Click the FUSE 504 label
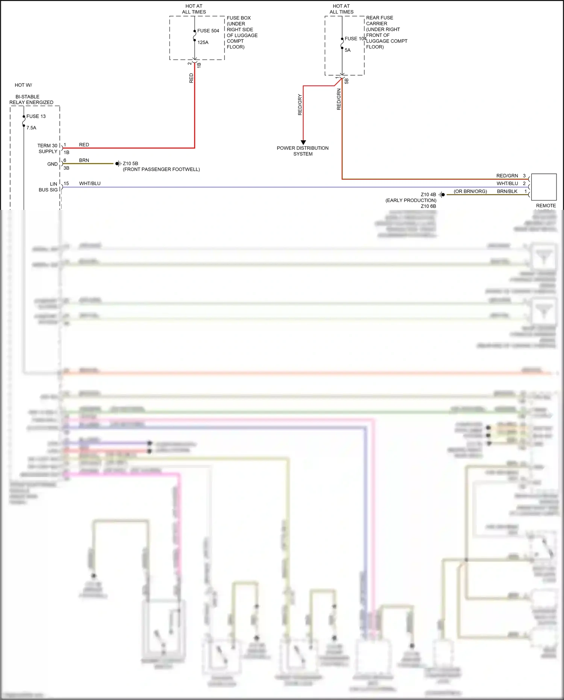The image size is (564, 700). [x=208, y=31]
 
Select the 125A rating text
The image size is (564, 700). [x=203, y=43]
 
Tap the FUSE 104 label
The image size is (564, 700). [x=355, y=39]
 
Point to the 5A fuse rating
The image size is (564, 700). [x=347, y=50]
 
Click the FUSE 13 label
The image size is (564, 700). [x=36, y=116]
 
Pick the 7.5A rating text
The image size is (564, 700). [x=31, y=128]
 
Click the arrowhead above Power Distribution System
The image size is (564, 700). [x=303, y=142]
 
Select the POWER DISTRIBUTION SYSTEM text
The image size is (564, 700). [x=303, y=151]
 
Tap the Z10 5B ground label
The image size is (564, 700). [x=130, y=164]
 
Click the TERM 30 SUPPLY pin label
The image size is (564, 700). [x=47, y=149]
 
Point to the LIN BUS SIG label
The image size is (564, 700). [x=48, y=187]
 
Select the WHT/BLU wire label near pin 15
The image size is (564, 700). [x=89, y=184]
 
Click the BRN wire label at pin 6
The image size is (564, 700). [x=84, y=160]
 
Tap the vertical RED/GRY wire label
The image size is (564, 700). [x=300, y=105]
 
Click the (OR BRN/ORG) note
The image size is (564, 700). [x=470, y=191]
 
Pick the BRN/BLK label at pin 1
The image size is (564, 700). [x=507, y=191]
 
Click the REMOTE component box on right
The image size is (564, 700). [x=543, y=187]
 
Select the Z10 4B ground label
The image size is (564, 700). [x=428, y=194]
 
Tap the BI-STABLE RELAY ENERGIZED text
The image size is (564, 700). [x=31, y=100]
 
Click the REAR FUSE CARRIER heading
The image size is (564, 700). [x=379, y=21]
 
